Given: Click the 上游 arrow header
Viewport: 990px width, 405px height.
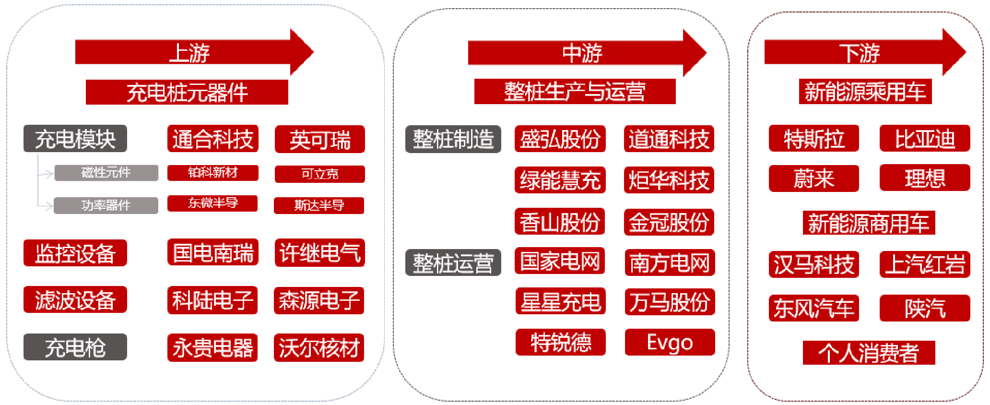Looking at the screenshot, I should tap(189, 52).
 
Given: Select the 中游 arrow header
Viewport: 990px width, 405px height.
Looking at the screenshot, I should tap(582, 53).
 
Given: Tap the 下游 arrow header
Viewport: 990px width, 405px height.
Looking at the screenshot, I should tap(860, 52).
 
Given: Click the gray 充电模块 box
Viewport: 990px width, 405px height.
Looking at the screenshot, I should tap(75, 139).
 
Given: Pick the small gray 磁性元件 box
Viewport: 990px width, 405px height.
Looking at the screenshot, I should tap(106, 173).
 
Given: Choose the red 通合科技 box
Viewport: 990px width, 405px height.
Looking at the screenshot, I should tap(213, 139).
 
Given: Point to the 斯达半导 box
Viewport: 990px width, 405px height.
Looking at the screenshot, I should tap(319, 205).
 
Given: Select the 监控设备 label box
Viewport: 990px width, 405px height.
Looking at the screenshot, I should tap(75, 253).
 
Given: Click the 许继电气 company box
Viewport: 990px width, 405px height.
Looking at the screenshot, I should tap(319, 252).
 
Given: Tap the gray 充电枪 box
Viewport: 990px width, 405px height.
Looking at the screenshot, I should tap(75, 347).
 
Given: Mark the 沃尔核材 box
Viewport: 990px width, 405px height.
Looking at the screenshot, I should tap(319, 347).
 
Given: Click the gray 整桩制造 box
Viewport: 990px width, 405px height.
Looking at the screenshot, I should tap(453, 139).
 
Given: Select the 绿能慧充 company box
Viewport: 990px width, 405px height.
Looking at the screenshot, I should tap(560, 180).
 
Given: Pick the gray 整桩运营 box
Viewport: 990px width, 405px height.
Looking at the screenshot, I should tap(453, 262).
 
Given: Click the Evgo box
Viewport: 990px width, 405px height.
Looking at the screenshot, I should tap(670, 342).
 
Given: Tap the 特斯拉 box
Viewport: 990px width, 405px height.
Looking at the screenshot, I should tap(813, 139).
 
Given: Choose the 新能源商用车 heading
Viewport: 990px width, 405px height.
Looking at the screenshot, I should tap(869, 223).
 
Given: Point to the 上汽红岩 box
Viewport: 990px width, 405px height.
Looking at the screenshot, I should tap(925, 264).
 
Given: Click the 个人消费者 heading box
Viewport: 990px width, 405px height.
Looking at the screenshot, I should tap(869, 353).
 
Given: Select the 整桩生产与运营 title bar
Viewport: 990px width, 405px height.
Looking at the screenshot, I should tap(575, 91).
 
